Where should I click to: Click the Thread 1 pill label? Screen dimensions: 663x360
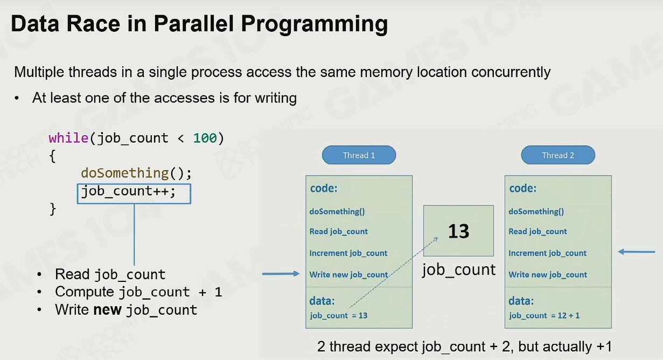[359, 155]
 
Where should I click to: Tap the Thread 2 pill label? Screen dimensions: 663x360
[558, 155]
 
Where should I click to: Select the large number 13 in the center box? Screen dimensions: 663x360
[458, 231]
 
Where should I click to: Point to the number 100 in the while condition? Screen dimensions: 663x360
[205, 139]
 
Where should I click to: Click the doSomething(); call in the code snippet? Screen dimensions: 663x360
[136, 173]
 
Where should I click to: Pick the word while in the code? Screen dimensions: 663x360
[68, 139]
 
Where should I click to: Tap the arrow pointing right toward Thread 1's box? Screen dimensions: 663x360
[281, 274]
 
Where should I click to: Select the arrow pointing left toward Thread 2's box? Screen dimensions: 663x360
[637, 252]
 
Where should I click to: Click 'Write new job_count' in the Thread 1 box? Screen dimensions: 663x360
[348, 275]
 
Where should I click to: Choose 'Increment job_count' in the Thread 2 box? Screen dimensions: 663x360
[548, 253]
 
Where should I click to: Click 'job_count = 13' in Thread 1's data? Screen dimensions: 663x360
[339, 316]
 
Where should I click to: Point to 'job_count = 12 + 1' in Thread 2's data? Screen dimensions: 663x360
[545, 316]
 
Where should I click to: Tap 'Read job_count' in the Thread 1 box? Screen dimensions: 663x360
[339, 232]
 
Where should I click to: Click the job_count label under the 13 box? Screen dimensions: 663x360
[459, 269]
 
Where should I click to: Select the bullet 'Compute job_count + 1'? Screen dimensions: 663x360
[138, 292]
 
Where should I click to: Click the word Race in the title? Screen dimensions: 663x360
[93, 23]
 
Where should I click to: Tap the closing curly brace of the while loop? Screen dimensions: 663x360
[53, 209]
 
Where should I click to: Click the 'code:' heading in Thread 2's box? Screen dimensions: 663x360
[523, 188]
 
